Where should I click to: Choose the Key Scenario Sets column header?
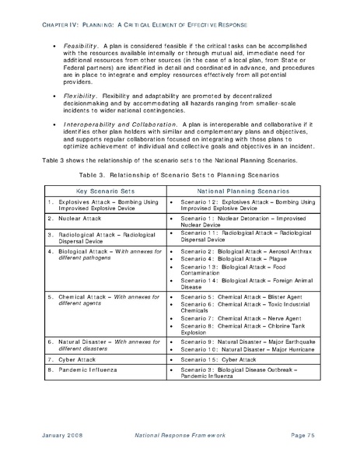coord(103,190)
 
